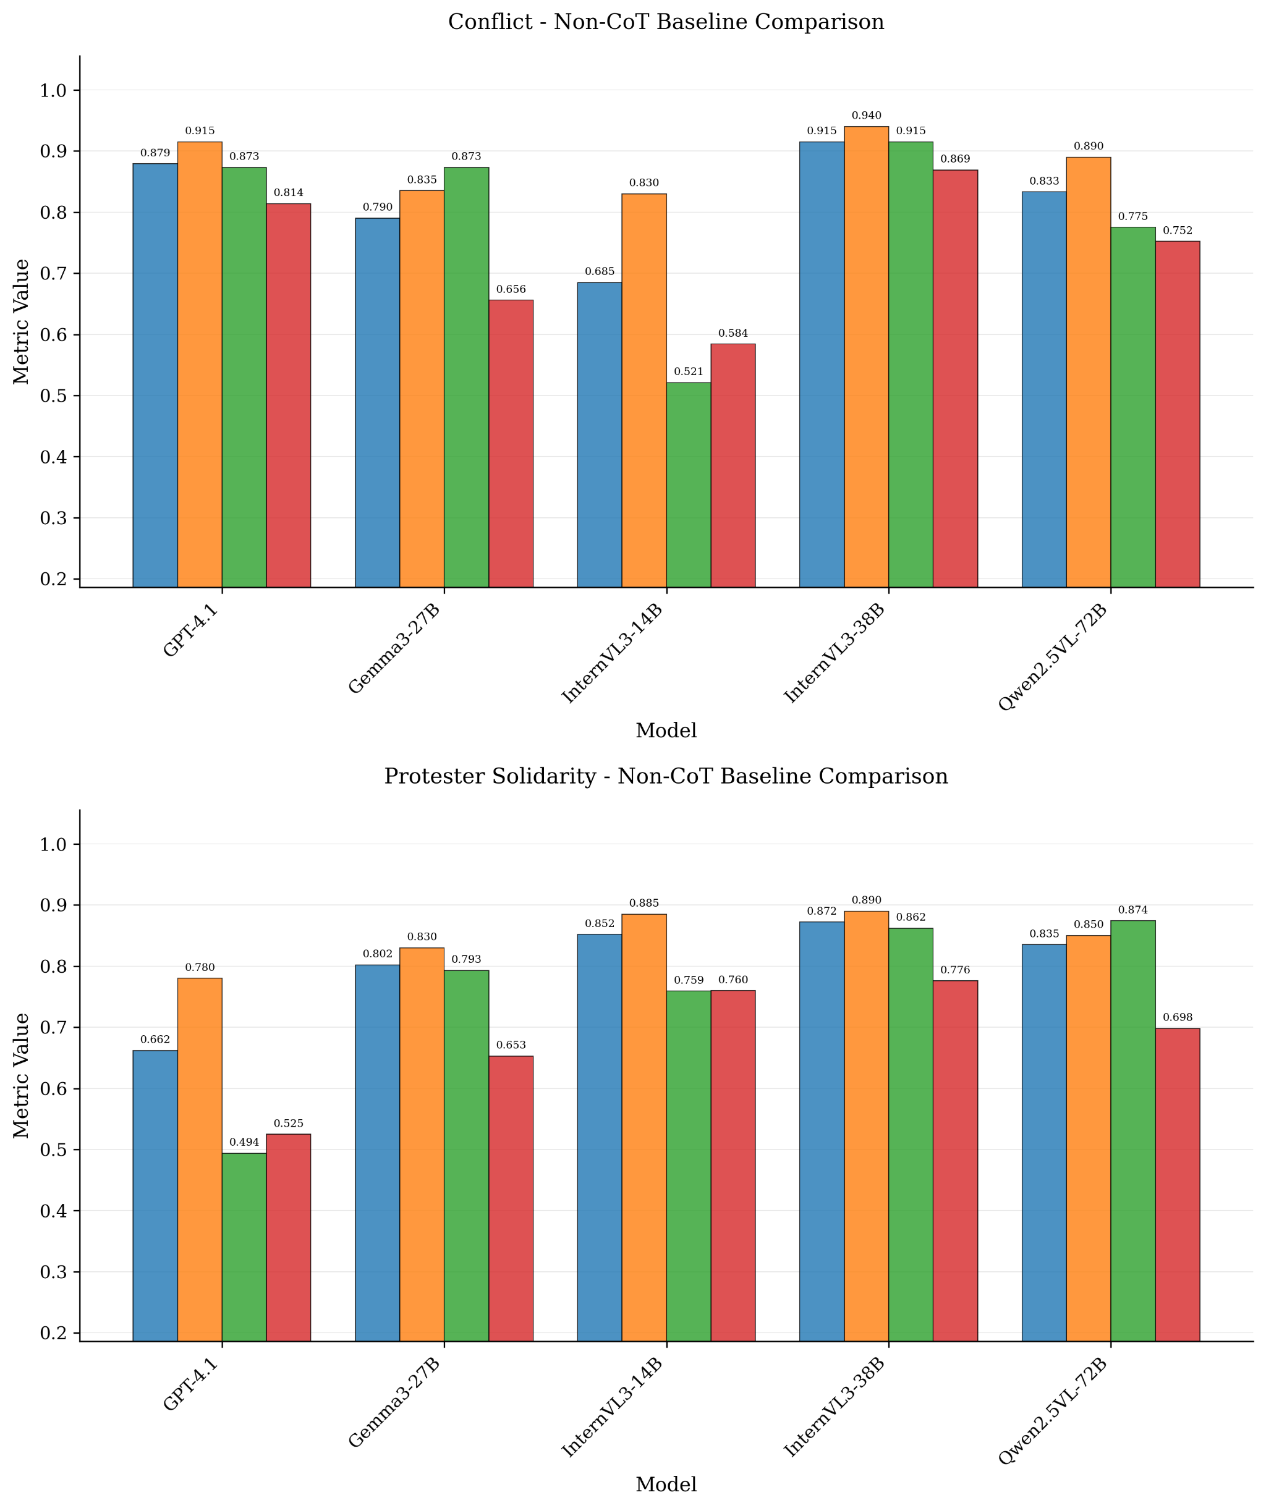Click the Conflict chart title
tap(666, 22)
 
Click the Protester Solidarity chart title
tap(666, 776)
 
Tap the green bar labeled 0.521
tap(688, 485)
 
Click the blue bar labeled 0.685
tap(600, 434)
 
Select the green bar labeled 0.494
tap(244, 1246)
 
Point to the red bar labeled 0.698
tap(1177, 1184)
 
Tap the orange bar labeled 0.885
tap(644, 1127)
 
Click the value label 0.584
tap(733, 333)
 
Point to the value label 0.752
tap(1177, 231)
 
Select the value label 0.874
tap(1132, 910)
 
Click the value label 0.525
tap(289, 1123)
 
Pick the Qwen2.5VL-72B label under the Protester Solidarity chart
tap(1052, 1405)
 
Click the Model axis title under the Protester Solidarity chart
tap(666, 1485)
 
